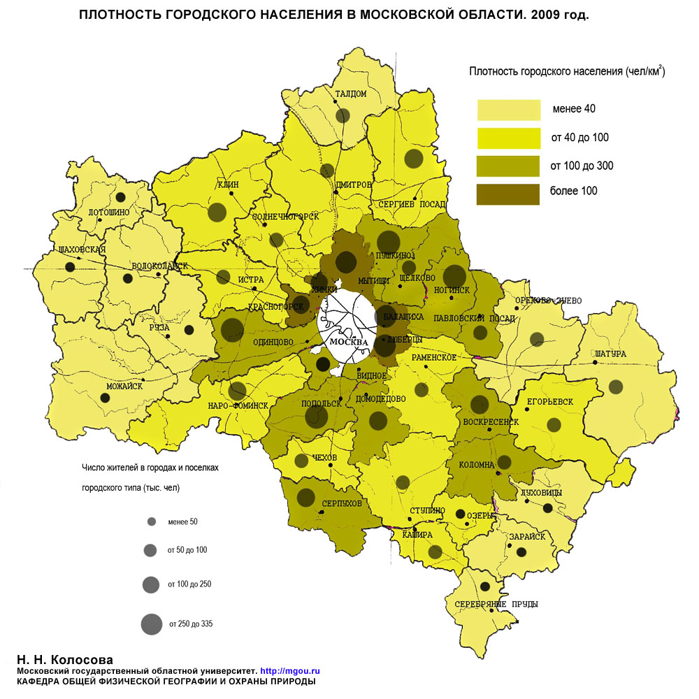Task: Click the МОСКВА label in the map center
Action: (347, 343)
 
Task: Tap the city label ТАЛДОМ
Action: (350, 94)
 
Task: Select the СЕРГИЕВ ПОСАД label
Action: (412, 204)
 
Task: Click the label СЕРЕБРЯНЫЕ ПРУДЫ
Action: (487, 604)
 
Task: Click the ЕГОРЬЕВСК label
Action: (549, 402)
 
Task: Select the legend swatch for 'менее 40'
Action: (509, 110)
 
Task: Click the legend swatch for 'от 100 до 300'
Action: (509, 166)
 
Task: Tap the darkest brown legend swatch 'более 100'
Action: (509, 194)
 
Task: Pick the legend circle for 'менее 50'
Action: (151, 522)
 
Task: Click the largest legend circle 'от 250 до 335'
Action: (150, 624)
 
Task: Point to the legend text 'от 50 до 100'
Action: (187, 550)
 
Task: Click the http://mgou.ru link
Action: (289, 670)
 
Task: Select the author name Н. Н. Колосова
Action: (64, 659)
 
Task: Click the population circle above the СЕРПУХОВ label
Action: (305, 497)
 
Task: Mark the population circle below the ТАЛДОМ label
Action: (342, 116)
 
